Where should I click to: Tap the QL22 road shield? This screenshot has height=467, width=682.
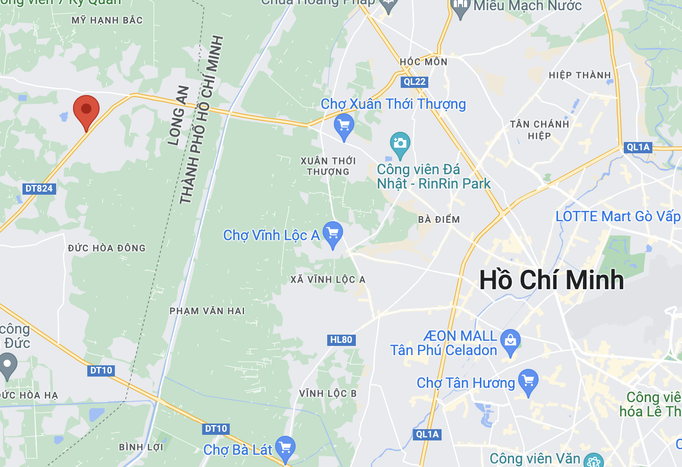click(x=414, y=82)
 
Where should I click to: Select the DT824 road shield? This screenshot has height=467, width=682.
click(x=39, y=189)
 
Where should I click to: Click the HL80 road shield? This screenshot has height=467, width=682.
click(x=341, y=340)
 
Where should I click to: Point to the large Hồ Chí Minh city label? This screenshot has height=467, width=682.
click(x=551, y=280)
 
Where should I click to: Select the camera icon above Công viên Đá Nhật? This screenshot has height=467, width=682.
click(x=400, y=143)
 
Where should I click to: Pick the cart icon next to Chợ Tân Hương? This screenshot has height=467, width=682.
click(x=528, y=381)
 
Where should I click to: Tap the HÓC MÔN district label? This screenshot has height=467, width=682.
click(x=424, y=62)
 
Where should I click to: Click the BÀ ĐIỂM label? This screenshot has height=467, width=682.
click(x=439, y=220)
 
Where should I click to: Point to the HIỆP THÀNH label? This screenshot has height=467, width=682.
click(x=579, y=76)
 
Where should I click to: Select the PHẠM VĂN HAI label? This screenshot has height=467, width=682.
click(x=207, y=311)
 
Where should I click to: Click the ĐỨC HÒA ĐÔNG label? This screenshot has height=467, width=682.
click(x=107, y=248)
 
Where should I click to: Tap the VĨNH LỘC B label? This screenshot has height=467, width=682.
click(x=328, y=393)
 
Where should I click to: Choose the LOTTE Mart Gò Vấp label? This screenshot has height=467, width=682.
click(x=618, y=217)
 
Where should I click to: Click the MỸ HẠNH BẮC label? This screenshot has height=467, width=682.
click(x=107, y=20)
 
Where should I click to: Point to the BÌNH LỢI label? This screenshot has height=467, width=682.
click(x=141, y=447)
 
